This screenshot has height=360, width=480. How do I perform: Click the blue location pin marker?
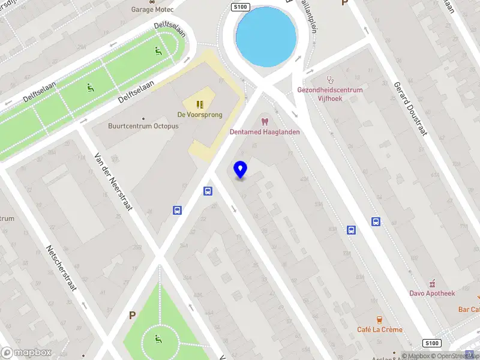point(241,170)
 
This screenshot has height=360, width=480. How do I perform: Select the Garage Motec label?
point(152,10)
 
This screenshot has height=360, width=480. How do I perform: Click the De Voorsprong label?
point(200,115)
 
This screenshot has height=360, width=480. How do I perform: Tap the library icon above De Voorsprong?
point(200,104)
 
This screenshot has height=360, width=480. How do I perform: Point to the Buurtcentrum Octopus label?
point(143,126)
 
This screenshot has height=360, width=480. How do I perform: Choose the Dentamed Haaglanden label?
point(265,132)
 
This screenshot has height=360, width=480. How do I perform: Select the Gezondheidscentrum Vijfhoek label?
point(330,94)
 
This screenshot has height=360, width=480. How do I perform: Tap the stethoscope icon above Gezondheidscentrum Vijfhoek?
point(329,79)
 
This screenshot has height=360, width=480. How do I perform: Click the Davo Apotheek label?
point(432,293)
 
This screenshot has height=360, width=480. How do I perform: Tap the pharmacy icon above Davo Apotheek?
point(432,283)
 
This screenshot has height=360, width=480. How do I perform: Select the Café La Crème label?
point(380,329)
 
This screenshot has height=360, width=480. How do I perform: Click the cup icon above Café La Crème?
point(379,319)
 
